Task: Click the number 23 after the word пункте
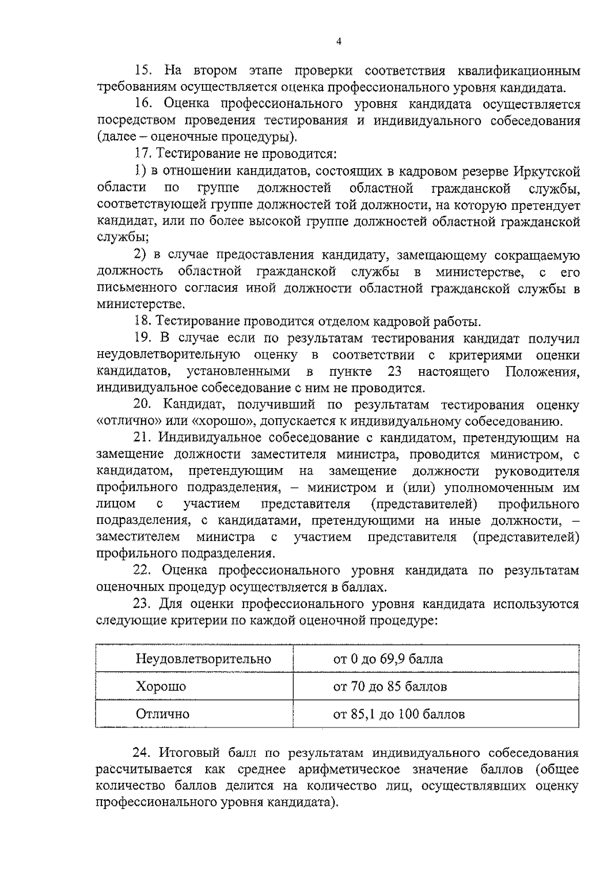click(x=395, y=372)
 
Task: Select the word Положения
click(x=543, y=372)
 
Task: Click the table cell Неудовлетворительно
click(x=203, y=659)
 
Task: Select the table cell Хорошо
click(x=161, y=686)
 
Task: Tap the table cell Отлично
click(x=162, y=714)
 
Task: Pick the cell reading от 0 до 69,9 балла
click(x=388, y=659)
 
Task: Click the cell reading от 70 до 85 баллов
click(x=390, y=686)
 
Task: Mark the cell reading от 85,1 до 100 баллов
click(x=399, y=714)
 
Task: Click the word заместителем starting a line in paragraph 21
click(x=138, y=537)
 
